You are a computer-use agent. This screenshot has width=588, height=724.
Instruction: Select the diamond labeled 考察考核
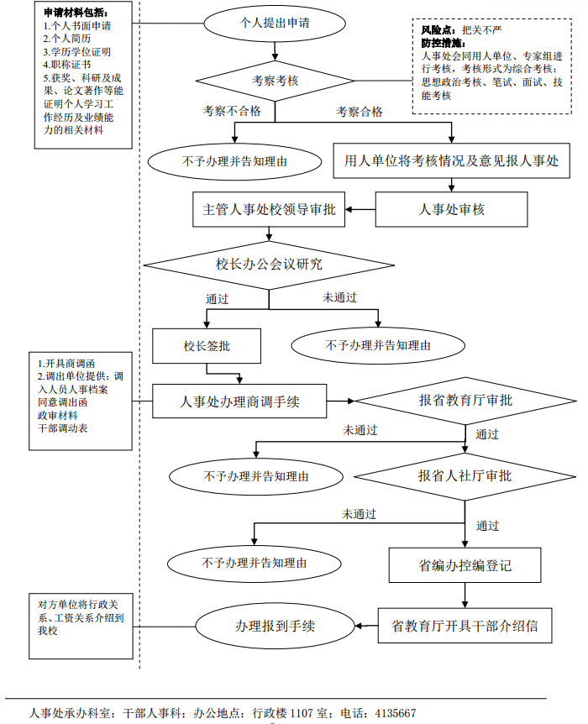(x=276, y=81)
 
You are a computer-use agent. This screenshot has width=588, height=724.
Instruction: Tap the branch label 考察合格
(x=360, y=111)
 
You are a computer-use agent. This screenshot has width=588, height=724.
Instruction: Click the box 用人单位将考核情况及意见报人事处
(x=451, y=160)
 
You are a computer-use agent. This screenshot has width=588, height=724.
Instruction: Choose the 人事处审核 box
(x=451, y=210)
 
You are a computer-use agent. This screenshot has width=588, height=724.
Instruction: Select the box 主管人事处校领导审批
(x=269, y=210)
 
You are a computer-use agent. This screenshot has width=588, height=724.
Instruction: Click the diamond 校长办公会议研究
(x=269, y=265)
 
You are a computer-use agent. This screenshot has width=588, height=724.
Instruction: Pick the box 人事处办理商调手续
(x=240, y=401)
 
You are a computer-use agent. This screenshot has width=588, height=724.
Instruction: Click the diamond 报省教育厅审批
(x=465, y=401)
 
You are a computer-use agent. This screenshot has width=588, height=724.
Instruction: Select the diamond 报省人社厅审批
(x=465, y=475)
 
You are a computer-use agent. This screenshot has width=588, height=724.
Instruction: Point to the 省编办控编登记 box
(x=465, y=565)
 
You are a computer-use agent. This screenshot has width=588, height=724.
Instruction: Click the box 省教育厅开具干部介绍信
(x=465, y=626)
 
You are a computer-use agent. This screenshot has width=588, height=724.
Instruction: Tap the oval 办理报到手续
(x=276, y=626)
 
